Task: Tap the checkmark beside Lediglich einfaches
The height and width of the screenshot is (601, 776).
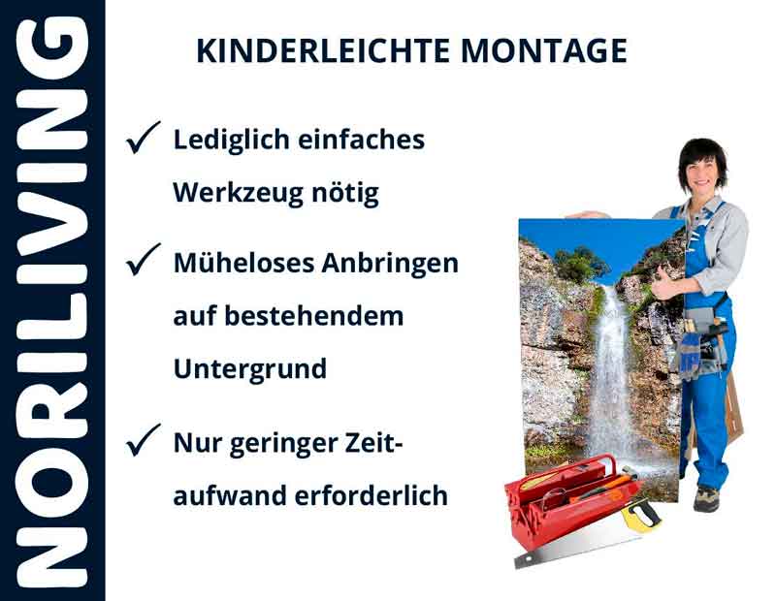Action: (x=143, y=141)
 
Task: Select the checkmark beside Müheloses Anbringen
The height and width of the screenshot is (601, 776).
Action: (x=143, y=262)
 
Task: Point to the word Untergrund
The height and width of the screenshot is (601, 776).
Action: (x=249, y=369)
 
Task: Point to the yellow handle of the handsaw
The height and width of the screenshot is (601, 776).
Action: (x=641, y=514)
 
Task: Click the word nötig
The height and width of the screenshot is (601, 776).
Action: (x=346, y=193)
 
